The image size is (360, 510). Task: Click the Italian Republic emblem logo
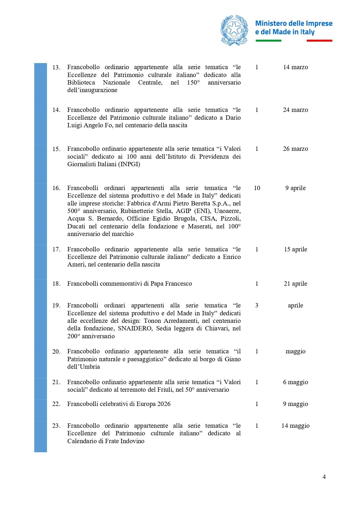(234, 30)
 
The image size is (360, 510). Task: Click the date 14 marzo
(295, 67)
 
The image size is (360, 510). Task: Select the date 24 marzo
(295, 110)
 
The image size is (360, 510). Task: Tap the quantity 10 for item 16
(257, 188)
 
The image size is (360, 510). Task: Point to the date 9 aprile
(295, 188)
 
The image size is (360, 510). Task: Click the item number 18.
(56, 284)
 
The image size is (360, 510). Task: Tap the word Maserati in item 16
(200, 226)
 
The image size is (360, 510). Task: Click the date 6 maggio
(295, 382)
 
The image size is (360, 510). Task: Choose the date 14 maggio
(295, 426)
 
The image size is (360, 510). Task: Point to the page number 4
(324, 477)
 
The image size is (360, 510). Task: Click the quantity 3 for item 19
(257, 305)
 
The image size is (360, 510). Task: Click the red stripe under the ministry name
(319, 41)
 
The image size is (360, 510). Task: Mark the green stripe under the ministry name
(268, 41)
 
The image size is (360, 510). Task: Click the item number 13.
(56, 67)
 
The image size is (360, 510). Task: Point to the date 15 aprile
(295, 249)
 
